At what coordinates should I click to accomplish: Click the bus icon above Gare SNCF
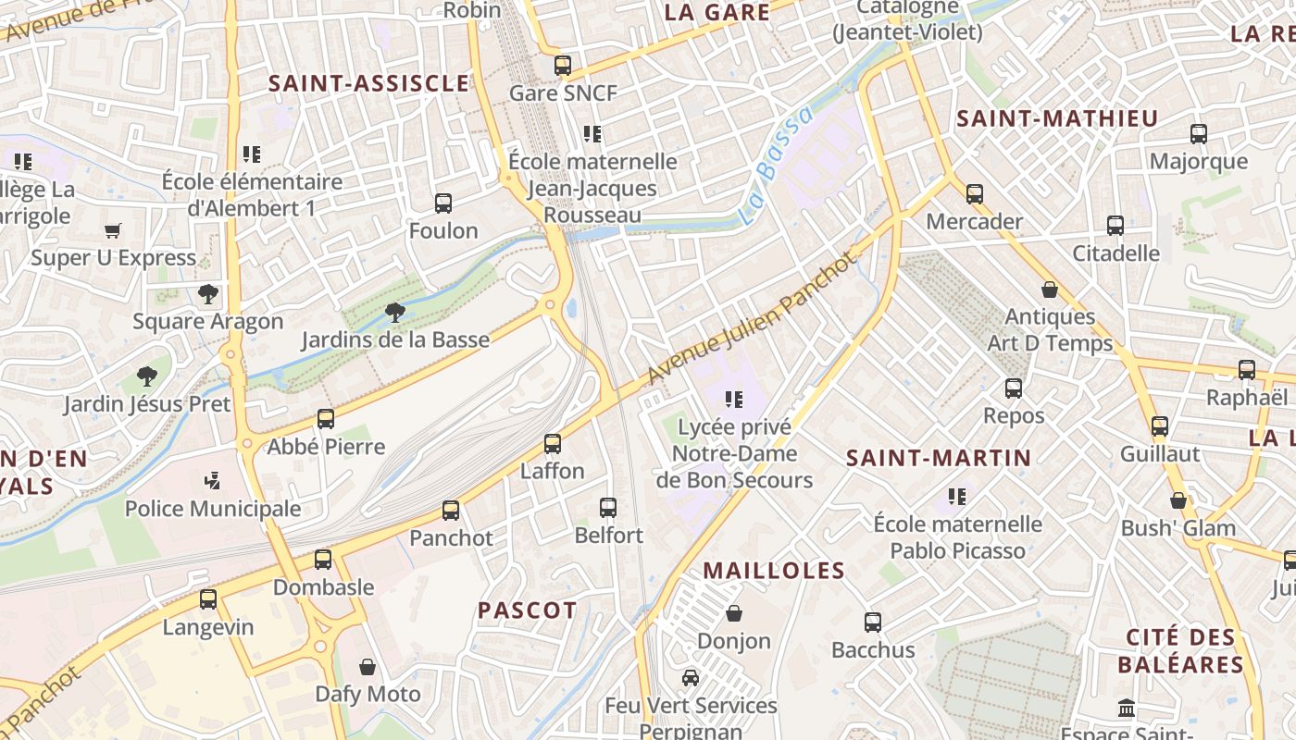[x=562, y=66]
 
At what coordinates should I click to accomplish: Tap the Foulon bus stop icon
[x=443, y=203]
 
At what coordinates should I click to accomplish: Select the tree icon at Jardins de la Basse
[x=395, y=312]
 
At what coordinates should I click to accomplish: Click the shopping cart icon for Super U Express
[x=113, y=230]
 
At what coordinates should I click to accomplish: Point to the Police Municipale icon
[x=213, y=481]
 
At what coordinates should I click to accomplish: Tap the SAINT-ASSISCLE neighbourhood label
[x=368, y=83]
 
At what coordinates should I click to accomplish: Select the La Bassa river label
[x=778, y=166]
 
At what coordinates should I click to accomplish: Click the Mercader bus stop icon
[x=975, y=194]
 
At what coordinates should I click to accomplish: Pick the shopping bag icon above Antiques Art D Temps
[x=1049, y=290]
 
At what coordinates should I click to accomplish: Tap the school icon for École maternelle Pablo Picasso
[x=957, y=497]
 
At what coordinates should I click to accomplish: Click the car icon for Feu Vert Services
[x=691, y=678]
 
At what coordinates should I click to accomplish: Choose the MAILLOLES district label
[x=774, y=571]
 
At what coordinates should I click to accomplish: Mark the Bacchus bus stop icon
[x=873, y=623]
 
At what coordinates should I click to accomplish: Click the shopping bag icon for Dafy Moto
[x=368, y=667]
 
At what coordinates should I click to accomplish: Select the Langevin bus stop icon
[x=208, y=599]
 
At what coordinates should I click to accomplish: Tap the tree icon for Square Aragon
[x=208, y=294]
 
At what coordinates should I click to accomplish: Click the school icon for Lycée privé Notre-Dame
[x=734, y=400]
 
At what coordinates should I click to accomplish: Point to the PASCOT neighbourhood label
[x=527, y=610]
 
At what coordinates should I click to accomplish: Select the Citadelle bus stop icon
[x=1115, y=226]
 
